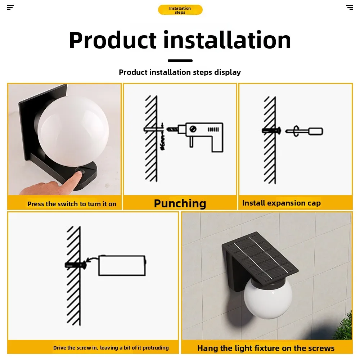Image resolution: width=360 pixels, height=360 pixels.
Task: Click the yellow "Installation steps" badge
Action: (180, 10)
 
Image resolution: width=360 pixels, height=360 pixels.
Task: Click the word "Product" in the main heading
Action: (113, 40)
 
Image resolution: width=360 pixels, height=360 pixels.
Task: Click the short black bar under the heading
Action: (180, 60)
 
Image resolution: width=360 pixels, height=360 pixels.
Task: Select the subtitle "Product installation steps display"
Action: (180, 72)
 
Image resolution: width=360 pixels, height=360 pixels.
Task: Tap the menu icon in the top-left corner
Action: (10, 7)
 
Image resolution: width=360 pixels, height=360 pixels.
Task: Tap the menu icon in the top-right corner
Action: (349, 7)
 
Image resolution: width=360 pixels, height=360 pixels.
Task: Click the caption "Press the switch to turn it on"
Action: (72, 204)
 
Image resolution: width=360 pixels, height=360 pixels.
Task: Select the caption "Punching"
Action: (180, 203)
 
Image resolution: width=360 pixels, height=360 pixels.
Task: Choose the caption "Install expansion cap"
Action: (281, 203)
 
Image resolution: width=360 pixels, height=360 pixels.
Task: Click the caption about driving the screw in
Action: (111, 348)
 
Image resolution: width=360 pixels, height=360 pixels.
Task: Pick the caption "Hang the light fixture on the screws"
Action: (266, 348)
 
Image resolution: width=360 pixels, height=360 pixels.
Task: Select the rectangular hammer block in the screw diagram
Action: (122, 266)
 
